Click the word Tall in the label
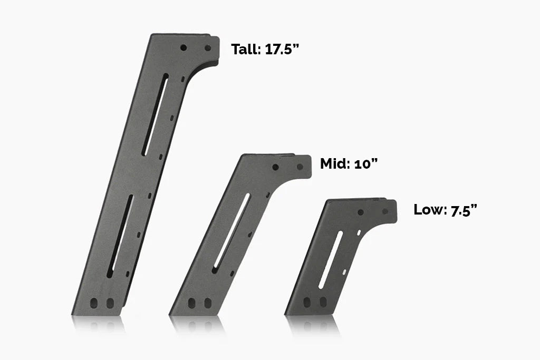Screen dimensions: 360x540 coord(245,50)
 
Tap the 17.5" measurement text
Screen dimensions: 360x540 coord(281,50)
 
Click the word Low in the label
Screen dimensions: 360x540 coord(429,209)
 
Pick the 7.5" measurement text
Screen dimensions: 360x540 coord(464,210)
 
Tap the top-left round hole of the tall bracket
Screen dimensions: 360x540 coord(184,47)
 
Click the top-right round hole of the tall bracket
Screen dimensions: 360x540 coord(208,48)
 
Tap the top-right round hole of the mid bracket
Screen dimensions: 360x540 coord(300,167)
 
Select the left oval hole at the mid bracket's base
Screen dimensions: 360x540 coord(192,303)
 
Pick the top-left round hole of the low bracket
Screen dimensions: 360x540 coord(361,212)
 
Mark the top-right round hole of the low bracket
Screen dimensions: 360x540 coord(385,212)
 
